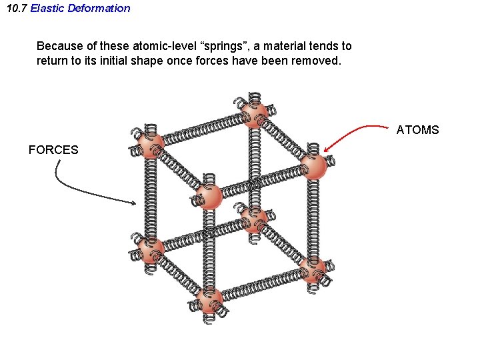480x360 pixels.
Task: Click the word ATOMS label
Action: pos(417,130)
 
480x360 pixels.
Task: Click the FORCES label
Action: pos(53,150)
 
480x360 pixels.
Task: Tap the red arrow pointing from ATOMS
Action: pos(353,131)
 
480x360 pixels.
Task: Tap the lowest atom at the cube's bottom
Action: pos(209,299)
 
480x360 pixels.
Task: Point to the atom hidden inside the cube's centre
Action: pos(254,219)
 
